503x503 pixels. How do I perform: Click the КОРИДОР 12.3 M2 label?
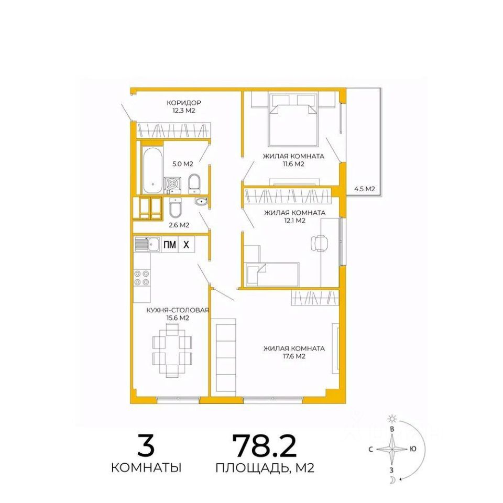click(x=184, y=107)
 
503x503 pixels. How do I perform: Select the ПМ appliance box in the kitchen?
click(x=170, y=245)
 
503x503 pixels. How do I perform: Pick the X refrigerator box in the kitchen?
click(x=187, y=245)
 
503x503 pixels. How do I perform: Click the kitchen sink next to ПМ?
click(x=147, y=245)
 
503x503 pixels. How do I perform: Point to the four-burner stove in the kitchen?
click(x=142, y=278)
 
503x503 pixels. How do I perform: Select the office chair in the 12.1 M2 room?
click(x=319, y=243)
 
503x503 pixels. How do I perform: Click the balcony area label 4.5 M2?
click(x=365, y=189)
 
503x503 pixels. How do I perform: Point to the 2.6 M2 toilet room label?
click(x=179, y=225)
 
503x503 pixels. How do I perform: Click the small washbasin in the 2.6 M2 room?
click(x=201, y=202)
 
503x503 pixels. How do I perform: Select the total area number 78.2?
click(x=265, y=446)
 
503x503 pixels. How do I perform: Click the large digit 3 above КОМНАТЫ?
click(x=146, y=445)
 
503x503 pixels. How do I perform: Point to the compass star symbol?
click(x=392, y=450)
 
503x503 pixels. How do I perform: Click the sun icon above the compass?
click(x=392, y=419)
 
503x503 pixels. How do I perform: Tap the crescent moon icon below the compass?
click(x=392, y=480)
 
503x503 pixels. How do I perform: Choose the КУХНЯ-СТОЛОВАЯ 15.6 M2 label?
click(x=178, y=314)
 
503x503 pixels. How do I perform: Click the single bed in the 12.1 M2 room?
click(x=272, y=274)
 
